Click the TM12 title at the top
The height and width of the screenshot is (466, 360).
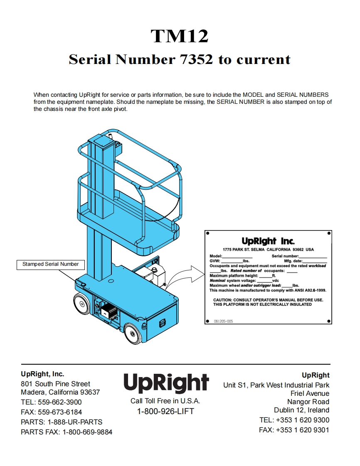click(x=180, y=36)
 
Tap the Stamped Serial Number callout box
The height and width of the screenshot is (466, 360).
click(x=50, y=264)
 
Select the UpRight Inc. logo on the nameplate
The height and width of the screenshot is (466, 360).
click(x=268, y=241)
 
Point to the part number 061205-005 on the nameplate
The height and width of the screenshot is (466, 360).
click(x=223, y=321)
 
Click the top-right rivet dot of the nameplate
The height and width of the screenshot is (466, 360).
click(x=329, y=233)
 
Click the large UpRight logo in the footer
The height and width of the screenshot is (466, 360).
click(x=166, y=383)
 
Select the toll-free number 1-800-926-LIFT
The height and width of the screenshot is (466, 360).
click(x=165, y=412)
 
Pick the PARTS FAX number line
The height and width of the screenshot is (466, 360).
click(x=67, y=432)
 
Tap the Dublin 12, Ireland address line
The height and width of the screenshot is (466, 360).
click(x=301, y=410)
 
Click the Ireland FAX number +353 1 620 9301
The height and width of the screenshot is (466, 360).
click(x=294, y=430)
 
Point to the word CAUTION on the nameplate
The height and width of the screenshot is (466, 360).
click(x=226, y=300)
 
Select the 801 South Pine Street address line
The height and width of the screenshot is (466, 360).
click(x=55, y=384)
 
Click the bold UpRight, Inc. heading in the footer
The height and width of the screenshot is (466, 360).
click(x=42, y=374)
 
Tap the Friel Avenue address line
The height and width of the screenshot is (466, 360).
click(x=310, y=393)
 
